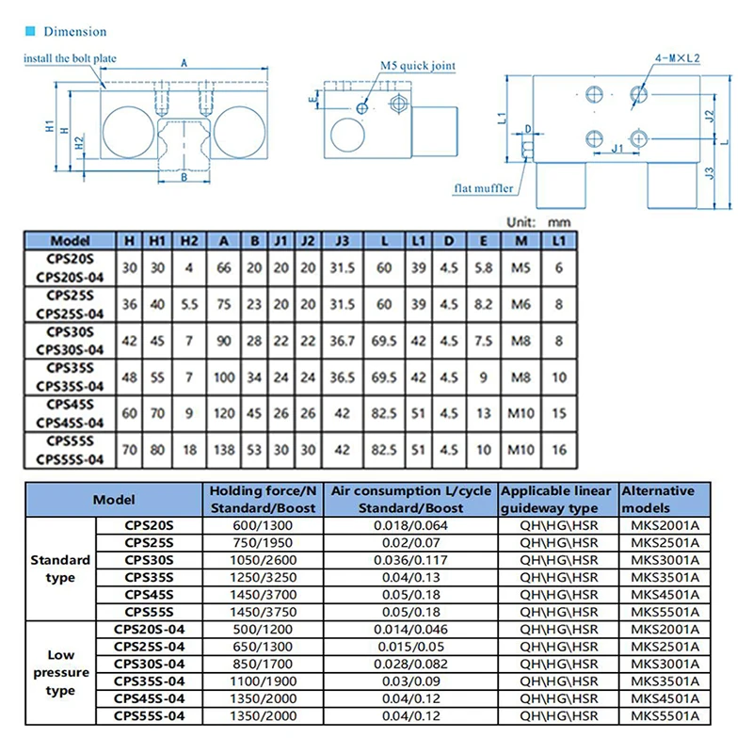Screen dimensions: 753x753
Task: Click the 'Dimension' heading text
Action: point(75,32)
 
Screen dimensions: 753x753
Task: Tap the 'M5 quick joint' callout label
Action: point(418,66)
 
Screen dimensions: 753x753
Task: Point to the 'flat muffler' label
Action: point(483,188)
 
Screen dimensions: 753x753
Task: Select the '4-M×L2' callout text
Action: point(677,58)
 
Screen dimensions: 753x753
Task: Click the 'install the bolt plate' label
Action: point(70,58)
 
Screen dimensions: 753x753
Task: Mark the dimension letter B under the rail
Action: point(184,177)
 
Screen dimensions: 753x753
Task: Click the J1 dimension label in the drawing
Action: point(617,148)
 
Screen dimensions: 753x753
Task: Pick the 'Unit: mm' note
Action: point(538,222)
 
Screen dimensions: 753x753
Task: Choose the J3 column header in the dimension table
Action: point(342,241)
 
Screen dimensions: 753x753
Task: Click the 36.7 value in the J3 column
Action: point(342,341)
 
